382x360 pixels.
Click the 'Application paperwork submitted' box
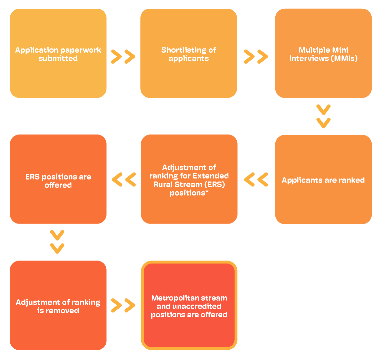click(58, 53)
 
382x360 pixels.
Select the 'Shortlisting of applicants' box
click(189, 53)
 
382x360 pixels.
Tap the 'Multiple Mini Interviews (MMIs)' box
click(323, 53)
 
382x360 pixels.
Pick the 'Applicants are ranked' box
click(323, 179)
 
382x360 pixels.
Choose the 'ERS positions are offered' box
click(58, 179)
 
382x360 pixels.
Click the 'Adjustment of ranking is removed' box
click(58, 305)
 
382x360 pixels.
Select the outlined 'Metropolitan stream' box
click(189, 305)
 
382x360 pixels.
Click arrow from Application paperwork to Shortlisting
click(123, 57)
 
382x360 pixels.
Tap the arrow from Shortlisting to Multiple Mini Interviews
click(256, 57)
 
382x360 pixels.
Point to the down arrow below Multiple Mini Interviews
click(323, 116)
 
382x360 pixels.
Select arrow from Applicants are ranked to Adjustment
click(256, 179)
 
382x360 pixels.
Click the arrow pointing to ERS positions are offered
click(124, 179)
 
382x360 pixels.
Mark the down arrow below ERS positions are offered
click(57, 242)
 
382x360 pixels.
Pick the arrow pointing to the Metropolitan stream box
click(123, 305)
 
